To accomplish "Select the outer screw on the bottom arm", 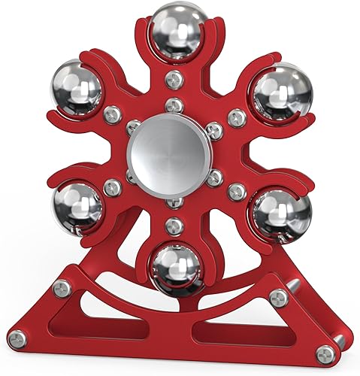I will pyautogui.click(x=174, y=224).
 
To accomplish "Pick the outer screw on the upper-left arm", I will pyautogui.click(x=113, y=114).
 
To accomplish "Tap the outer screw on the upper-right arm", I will pyautogui.click(x=237, y=117).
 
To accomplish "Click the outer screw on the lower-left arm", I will pyautogui.click(x=112, y=187).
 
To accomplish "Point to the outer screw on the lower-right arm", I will pyautogui.click(x=236, y=190).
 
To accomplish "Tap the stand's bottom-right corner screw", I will pyautogui.click(x=324, y=350).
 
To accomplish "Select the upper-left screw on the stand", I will pyautogui.click(x=62, y=287).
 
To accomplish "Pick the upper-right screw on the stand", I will pyautogui.click(x=279, y=298).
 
